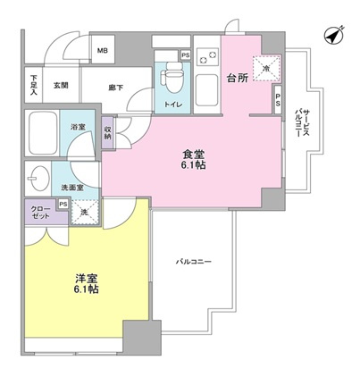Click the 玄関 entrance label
60,85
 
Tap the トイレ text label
170,106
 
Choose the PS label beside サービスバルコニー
278,98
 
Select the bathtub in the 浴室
45,133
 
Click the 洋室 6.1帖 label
87,284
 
